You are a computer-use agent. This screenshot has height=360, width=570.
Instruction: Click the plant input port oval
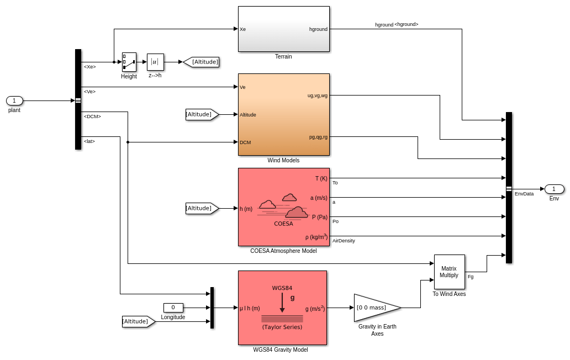(14, 100)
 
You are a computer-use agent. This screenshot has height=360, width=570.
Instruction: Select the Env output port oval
(554, 189)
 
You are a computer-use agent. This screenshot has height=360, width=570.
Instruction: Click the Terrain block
(283, 29)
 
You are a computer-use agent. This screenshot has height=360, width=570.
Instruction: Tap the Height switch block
(129, 62)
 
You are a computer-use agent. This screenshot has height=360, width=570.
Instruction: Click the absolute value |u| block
(155, 62)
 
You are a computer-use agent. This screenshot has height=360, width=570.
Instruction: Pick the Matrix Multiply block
(449, 272)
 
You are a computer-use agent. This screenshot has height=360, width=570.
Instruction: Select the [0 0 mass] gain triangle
(376, 308)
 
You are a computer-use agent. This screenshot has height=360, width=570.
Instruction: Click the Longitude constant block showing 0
(173, 308)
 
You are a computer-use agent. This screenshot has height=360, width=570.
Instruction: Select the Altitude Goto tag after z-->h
(202, 62)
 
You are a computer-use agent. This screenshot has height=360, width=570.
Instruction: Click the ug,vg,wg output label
(317, 96)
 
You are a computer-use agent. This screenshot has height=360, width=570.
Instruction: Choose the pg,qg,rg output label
(318, 137)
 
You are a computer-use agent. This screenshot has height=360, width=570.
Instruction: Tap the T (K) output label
(321, 178)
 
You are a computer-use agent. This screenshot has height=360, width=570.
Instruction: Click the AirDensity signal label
(344, 241)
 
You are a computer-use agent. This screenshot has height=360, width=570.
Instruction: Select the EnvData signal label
(524, 194)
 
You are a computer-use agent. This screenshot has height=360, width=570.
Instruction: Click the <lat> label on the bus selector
(89, 141)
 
